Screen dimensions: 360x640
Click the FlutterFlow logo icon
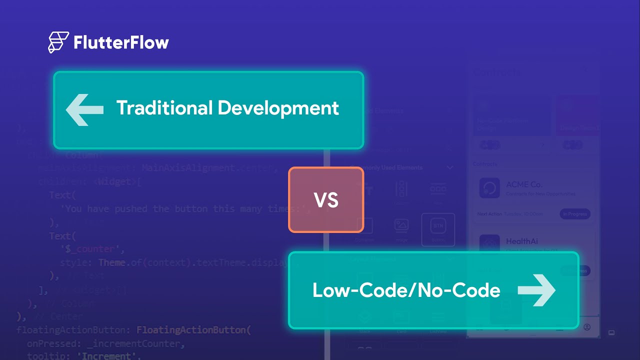[x=58, y=42]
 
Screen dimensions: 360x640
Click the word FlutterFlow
[x=121, y=42]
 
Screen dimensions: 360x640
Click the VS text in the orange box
[x=326, y=200]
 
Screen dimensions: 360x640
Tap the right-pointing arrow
[x=536, y=290]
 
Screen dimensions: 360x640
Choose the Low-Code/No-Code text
[x=406, y=290]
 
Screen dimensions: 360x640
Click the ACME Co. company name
[x=524, y=184]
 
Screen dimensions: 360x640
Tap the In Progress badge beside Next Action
[x=575, y=214]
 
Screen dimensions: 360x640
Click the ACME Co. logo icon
[x=489, y=188]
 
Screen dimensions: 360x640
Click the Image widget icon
[x=401, y=226]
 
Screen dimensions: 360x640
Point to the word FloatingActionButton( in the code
[x=192, y=330]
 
